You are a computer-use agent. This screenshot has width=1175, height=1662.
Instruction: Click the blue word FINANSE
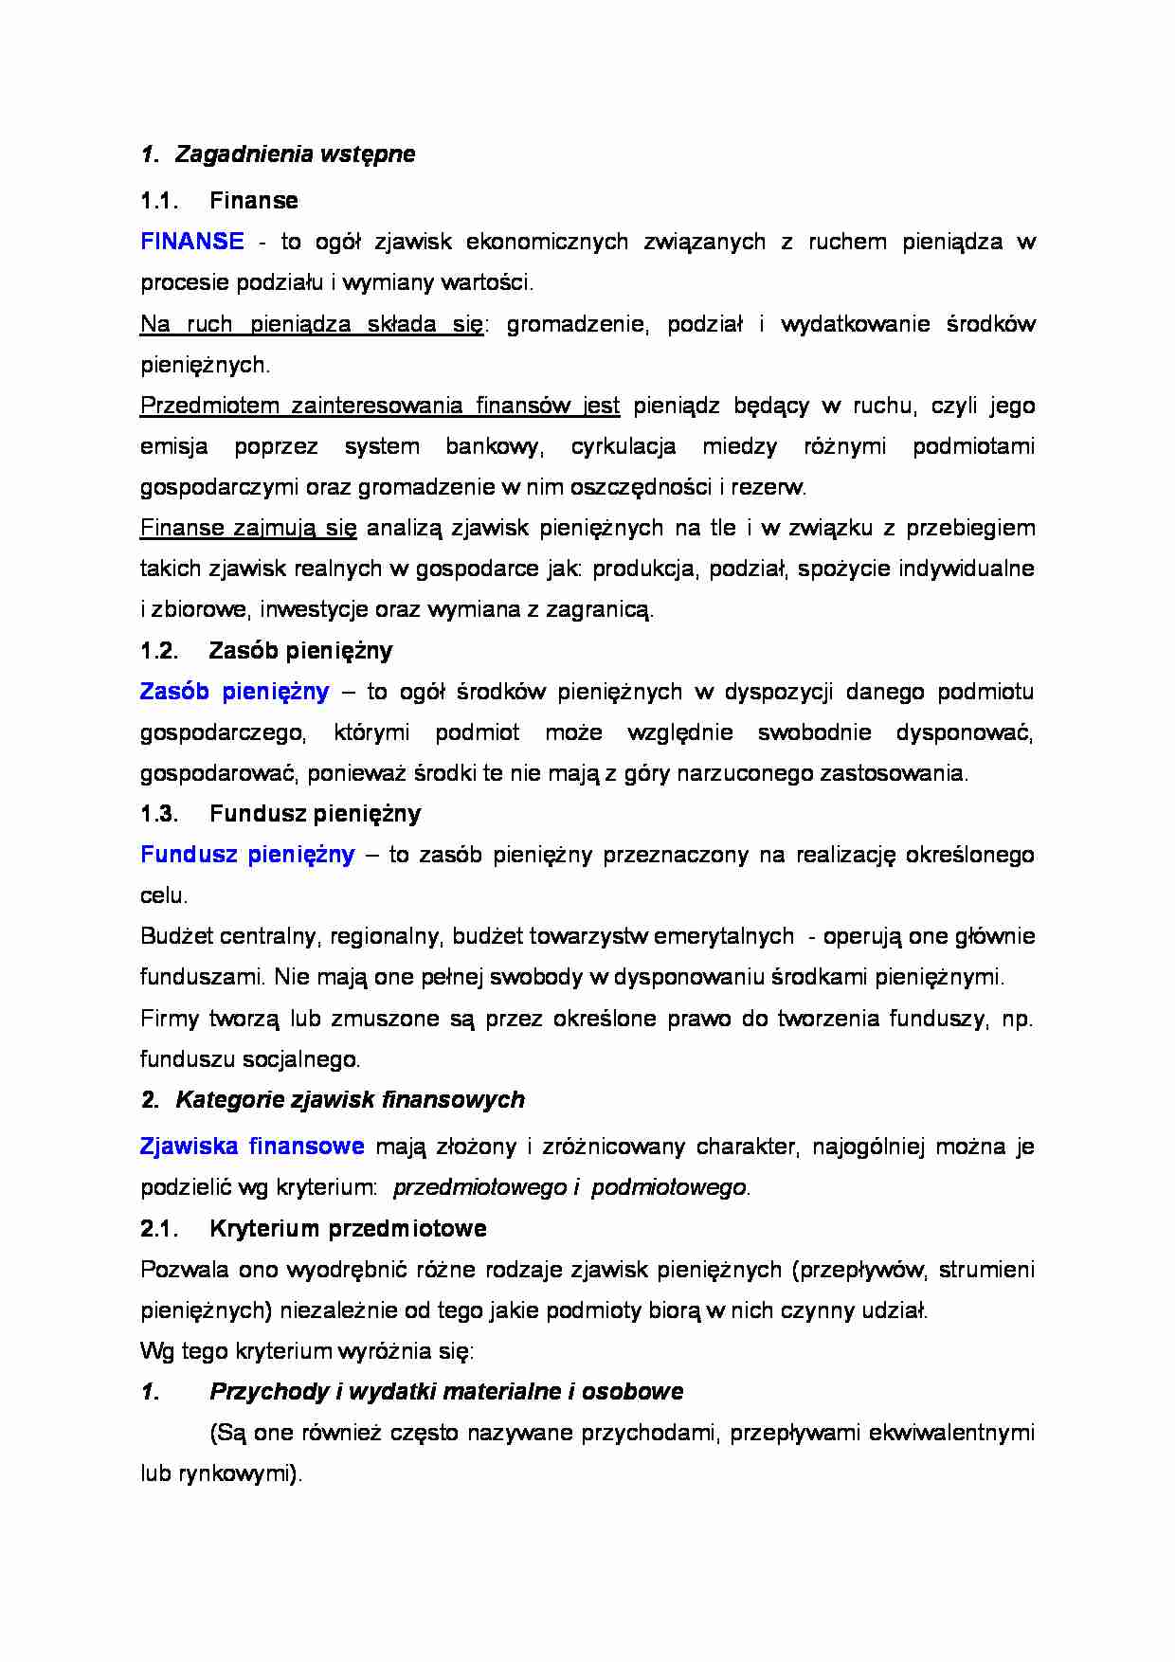coord(191,242)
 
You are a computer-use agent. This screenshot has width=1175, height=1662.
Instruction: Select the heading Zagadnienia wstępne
coord(295,154)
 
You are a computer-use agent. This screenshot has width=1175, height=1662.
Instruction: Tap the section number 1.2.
coord(159,651)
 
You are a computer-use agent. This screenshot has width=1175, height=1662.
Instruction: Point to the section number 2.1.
coord(159,1229)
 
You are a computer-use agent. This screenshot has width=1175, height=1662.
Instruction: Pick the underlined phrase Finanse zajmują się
coord(248,528)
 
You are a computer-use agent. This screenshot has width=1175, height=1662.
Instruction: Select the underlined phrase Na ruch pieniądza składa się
coord(312,324)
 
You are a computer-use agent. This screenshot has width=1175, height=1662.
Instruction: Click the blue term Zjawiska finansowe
coord(252,1147)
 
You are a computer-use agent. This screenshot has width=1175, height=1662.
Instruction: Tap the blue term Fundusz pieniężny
coord(247,855)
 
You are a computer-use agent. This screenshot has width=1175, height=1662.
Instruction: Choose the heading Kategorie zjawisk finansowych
coord(350,1100)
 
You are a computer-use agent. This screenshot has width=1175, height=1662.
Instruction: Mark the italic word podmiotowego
coord(668,1187)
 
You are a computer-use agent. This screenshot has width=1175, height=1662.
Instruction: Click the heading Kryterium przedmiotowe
coord(348,1229)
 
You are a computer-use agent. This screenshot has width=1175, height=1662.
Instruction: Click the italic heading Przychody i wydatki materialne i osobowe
coord(446,1392)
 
